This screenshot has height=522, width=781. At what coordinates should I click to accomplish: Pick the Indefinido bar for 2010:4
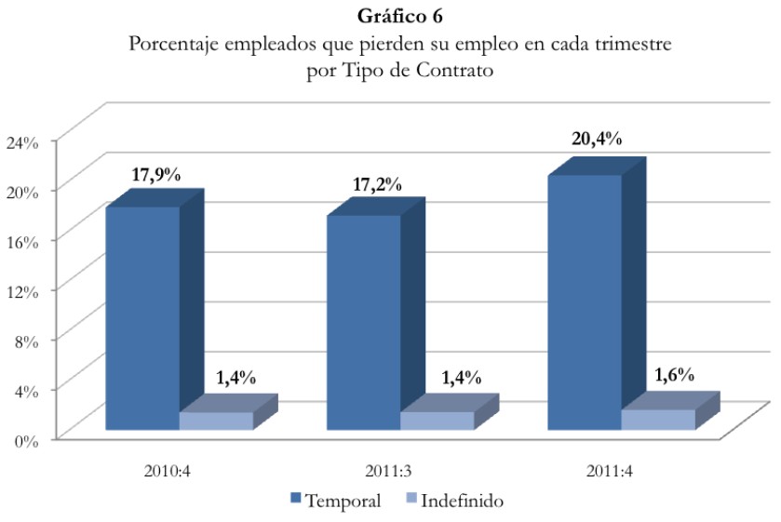(x=216, y=421)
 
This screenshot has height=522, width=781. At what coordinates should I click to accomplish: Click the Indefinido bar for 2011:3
(x=437, y=421)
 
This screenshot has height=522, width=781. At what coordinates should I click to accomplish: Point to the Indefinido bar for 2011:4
(x=657, y=419)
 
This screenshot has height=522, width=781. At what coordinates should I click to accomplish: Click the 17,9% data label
(x=154, y=174)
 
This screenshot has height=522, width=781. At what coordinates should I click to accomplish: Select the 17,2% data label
(x=376, y=183)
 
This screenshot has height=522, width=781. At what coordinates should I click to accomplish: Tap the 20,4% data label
(x=597, y=140)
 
